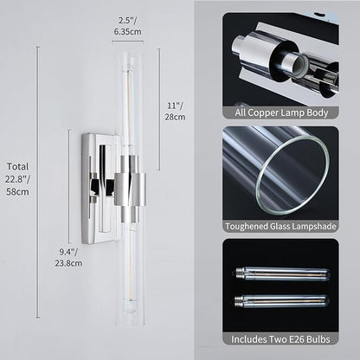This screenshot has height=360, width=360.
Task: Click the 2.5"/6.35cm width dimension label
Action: (127, 26)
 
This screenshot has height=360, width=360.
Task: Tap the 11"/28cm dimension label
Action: (175, 112)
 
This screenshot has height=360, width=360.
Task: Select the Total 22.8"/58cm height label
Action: (17, 179)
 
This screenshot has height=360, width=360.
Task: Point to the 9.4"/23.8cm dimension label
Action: (68, 257)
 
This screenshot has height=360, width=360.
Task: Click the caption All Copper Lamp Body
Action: (281, 112)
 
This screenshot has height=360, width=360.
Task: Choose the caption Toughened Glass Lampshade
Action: (280, 226)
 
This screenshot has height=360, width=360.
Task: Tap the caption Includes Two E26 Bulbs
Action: (280, 339)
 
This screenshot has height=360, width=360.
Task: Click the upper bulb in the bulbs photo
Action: (281, 273)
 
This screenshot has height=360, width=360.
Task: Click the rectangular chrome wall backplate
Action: (98, 189)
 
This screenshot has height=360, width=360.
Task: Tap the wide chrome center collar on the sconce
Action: (130, 189)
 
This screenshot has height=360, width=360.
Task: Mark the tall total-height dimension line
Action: (38, 183)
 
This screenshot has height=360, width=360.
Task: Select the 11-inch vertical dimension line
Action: (158, 109)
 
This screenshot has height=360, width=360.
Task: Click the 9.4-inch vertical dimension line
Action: (69, 187)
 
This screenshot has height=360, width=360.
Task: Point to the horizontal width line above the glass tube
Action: (127, 42)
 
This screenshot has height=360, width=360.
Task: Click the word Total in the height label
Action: (17, 166)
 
